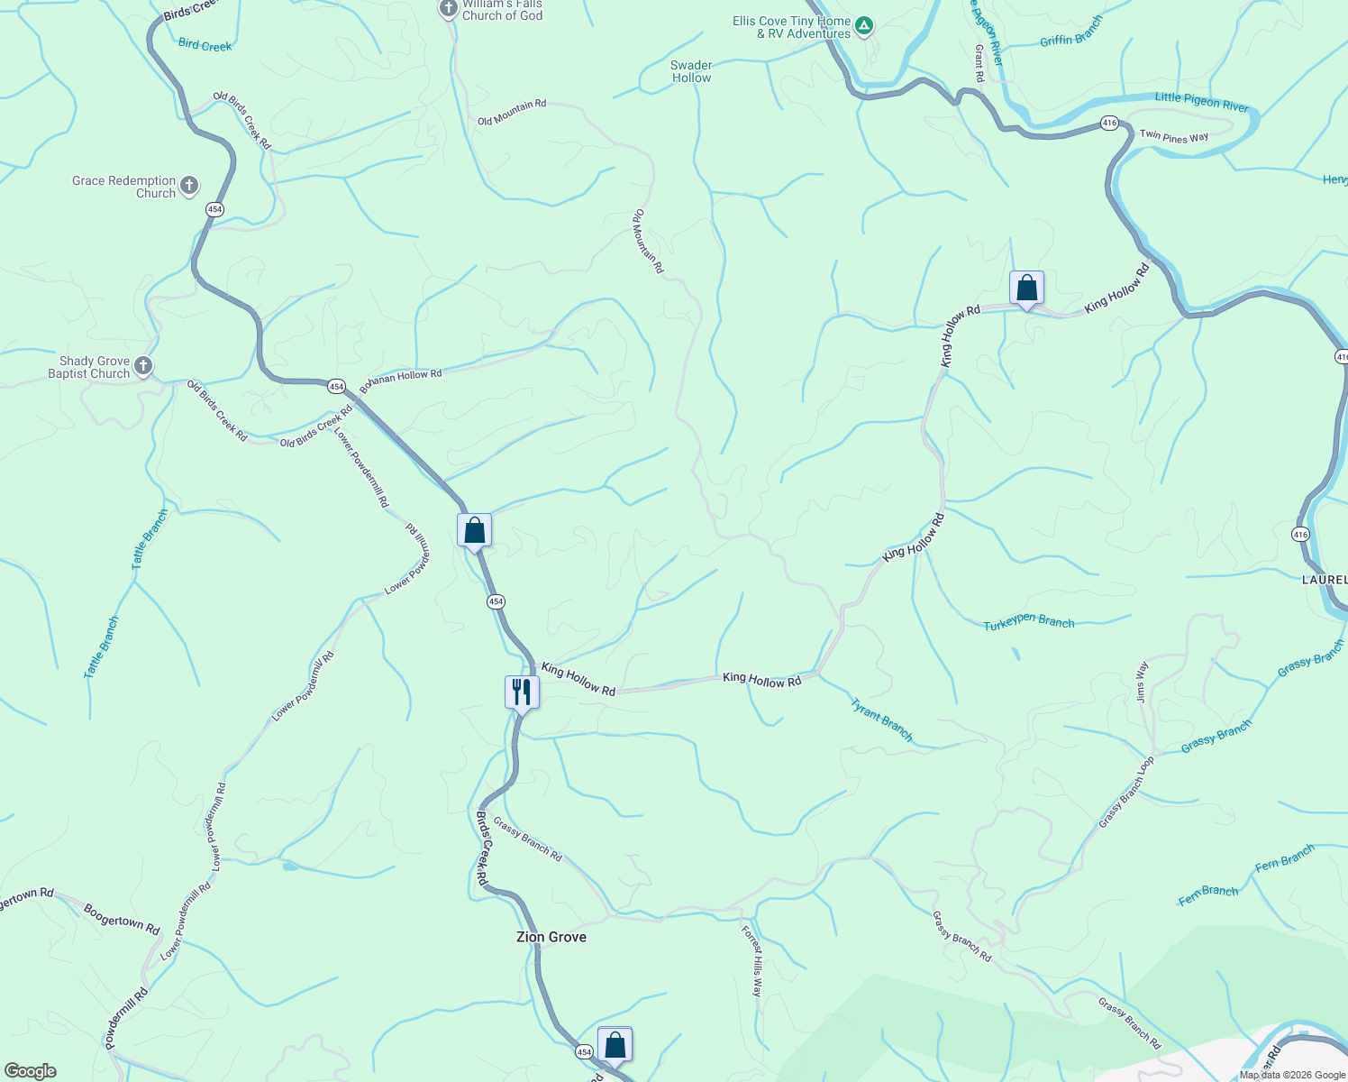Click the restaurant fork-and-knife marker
522,692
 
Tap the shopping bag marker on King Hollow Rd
1026,289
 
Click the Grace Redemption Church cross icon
188,187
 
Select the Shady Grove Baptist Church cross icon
143,367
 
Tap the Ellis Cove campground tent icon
864,26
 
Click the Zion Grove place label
551,937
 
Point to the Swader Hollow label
691,71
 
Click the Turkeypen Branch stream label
1028,622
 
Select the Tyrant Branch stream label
881,720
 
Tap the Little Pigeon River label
1201,101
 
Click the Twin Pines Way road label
1173,137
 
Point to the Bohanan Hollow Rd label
402,378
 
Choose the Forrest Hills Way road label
751,960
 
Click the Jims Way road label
1142,682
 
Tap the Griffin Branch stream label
1071,32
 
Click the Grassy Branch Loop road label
1125,793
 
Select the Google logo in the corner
30,1071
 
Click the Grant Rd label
979,61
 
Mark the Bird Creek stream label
205,45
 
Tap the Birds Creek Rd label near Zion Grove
481,848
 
